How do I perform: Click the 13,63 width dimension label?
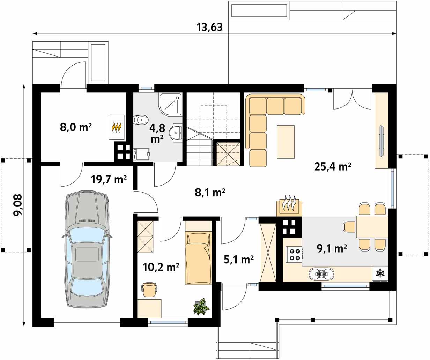[209, 27]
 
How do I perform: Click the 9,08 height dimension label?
[17, 205]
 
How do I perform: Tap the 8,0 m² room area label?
[76, 127]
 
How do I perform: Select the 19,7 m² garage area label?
[109, 179]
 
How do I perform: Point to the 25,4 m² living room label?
[333, 166]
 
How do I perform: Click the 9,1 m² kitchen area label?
[332, 248]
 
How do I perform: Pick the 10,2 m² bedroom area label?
[161, 267]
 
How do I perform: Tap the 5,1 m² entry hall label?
[238, 260]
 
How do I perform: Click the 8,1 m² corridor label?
[210, 193]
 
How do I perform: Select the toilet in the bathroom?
[141, 120]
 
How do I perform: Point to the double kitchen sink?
[321, 273]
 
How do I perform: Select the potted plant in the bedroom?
[201, 307]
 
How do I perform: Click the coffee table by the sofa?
[286, 142]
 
